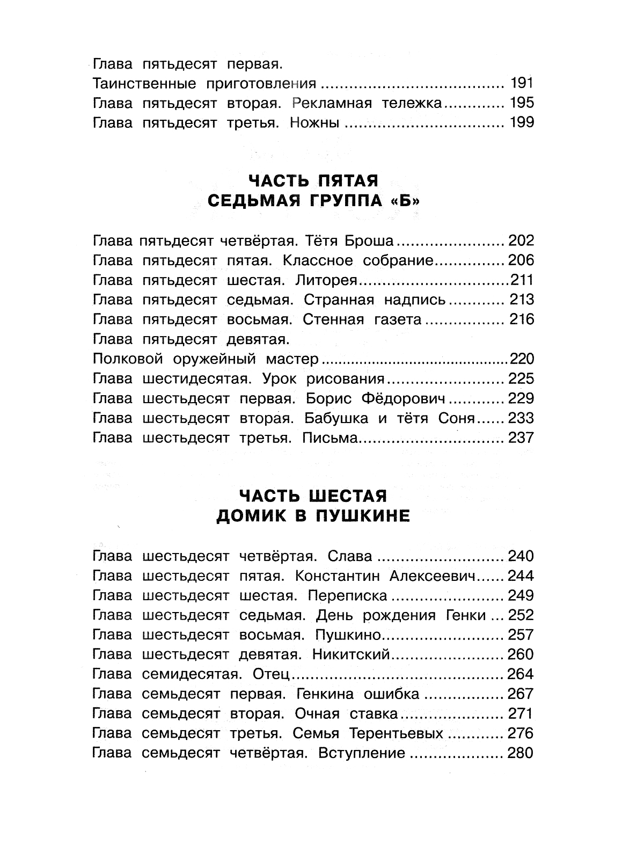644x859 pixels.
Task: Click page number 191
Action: coord(520,83)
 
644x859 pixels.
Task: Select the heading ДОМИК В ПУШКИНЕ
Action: coord(313,516)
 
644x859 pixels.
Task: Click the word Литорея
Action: coord(330,280)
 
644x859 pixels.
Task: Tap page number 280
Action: coord(520,753)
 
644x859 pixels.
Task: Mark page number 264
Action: coord(520,674)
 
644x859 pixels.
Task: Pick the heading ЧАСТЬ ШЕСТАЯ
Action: coord(313,494)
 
